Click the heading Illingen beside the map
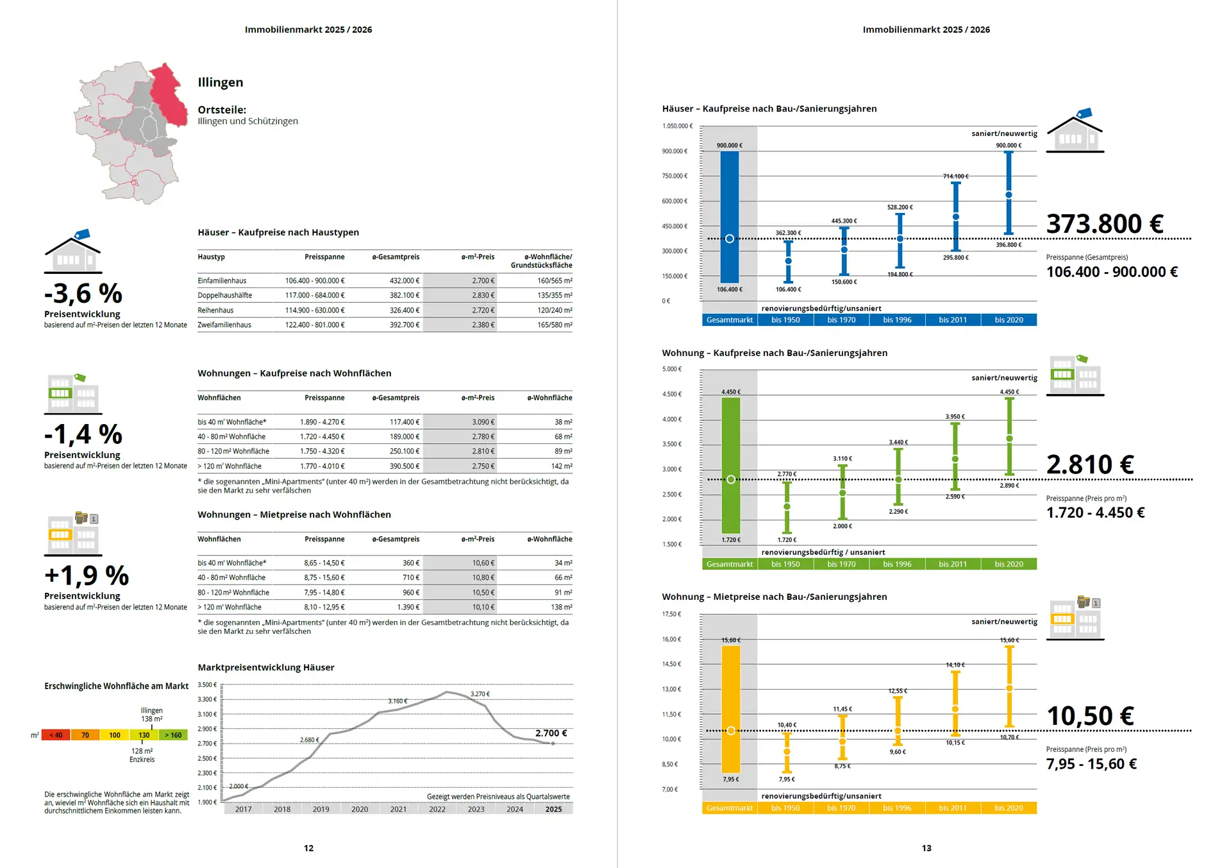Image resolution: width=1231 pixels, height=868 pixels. [221, 82]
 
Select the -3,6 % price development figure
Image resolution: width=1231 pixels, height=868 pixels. [83, 294]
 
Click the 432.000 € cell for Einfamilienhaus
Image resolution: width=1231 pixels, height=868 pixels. [405, 281]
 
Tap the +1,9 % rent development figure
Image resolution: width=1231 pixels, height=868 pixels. [87, 575]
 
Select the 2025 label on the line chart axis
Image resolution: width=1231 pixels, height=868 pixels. [553, 810]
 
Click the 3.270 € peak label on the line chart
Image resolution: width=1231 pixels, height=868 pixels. [480, 694]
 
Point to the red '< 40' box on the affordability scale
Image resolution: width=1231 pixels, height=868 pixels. [56, 735]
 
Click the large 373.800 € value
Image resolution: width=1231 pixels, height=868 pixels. [1104, 224]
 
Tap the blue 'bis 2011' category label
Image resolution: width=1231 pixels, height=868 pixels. [953, 320]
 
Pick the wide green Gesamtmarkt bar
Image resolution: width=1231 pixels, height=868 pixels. [730, 465]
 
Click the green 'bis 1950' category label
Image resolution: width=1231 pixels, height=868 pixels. [785, 565]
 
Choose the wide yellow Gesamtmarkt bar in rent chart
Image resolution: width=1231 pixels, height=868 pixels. [731, 708]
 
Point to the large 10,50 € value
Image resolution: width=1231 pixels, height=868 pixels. [1090, 716]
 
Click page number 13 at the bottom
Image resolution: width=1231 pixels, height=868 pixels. [926, 848]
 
